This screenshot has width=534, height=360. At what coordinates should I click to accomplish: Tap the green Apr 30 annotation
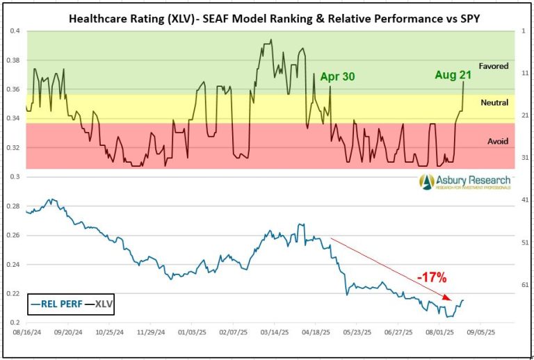coord(337,76)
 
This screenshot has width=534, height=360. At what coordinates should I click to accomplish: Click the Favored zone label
coord(494,67)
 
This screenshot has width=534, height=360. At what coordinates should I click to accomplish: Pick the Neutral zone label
coord(494,103)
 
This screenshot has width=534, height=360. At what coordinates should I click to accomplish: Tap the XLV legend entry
coord(103,303)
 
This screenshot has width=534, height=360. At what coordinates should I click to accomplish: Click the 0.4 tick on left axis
coord(15,31)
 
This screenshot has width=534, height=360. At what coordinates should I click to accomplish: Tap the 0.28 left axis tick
coord(13,206)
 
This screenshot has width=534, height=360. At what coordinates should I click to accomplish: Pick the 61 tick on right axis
coord(523,285)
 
